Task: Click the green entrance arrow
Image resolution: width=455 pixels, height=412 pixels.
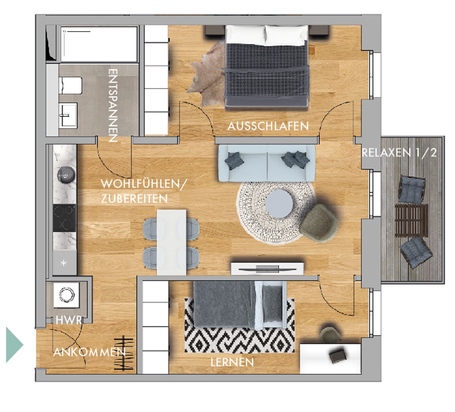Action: coord(14,344)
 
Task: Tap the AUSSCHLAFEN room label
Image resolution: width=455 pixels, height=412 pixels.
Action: coord(268,126)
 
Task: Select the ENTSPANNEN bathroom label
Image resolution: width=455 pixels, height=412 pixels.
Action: coord(113,105)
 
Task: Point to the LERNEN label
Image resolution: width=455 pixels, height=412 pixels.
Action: coord(232,362)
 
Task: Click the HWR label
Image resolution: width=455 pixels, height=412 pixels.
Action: coord(69,320)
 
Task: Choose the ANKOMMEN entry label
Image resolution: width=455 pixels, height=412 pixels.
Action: coord(89,352)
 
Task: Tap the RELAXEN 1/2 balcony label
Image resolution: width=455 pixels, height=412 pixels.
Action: coord(399,152)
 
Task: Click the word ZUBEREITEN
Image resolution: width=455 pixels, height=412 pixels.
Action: coord(134,199)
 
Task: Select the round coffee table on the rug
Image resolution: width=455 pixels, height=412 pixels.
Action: coord(279,204)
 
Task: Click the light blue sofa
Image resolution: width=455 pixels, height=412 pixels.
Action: coord(267,163)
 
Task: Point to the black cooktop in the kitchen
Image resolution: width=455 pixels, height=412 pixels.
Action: coord(64,218)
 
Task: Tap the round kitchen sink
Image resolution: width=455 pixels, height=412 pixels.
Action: coord(66,175)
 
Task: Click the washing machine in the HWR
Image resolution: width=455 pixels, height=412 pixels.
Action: coord(67,295)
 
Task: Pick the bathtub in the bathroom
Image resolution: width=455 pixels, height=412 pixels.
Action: coord(99,44)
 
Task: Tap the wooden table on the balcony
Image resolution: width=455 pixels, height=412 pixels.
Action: coord(411,220)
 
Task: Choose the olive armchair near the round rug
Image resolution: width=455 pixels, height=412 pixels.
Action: coord(319,223)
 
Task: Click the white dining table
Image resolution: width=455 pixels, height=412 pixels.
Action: coord(172,242)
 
